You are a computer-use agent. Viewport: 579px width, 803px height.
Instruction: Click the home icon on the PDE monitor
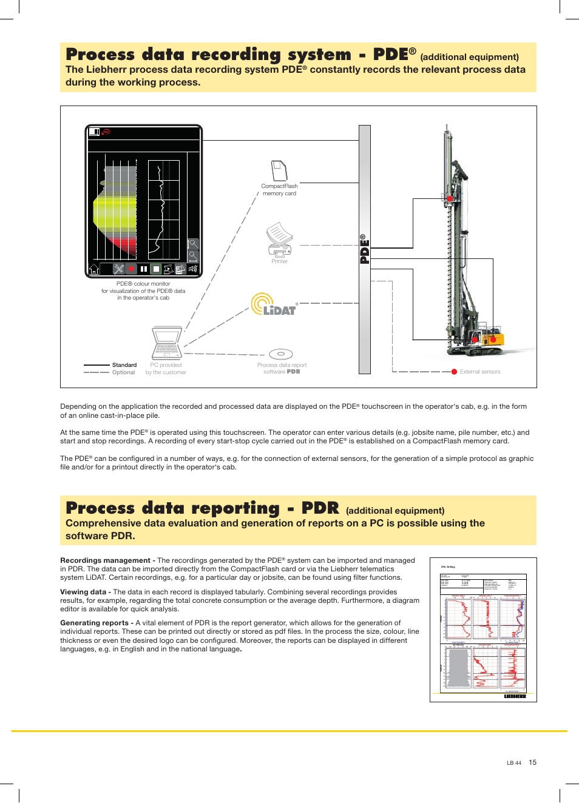pos(95,269)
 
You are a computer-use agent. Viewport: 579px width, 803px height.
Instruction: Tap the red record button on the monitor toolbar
pos(130,269)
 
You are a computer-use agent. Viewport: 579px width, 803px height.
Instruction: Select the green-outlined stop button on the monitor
pos(156,269)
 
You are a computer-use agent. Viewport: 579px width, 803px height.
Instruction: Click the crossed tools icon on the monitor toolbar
pos(118,269)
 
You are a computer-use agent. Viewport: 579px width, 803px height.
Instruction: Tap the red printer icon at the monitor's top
pos(106,132)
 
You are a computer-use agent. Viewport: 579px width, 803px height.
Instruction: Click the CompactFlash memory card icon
pos(279,170)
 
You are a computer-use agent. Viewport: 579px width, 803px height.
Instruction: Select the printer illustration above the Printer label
pos(279,240)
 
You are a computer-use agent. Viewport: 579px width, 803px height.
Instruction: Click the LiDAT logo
pos(274,304)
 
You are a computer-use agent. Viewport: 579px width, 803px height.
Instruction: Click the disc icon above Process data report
pos(281,354)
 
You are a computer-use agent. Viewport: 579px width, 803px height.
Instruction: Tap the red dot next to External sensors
pos(454,372)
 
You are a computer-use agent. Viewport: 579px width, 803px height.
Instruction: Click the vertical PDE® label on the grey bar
pos(365,249)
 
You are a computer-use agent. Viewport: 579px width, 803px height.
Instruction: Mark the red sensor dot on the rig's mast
pos(450,199)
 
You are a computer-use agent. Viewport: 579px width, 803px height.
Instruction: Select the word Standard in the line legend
pos(124,365)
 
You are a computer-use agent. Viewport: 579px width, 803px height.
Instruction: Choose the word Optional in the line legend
pos(123,372)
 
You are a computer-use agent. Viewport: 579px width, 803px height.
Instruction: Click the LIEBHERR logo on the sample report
pos(515,696)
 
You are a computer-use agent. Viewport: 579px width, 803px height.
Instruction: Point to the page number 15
pos(532,762)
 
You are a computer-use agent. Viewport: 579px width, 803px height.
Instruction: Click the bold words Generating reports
pos(94,623)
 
